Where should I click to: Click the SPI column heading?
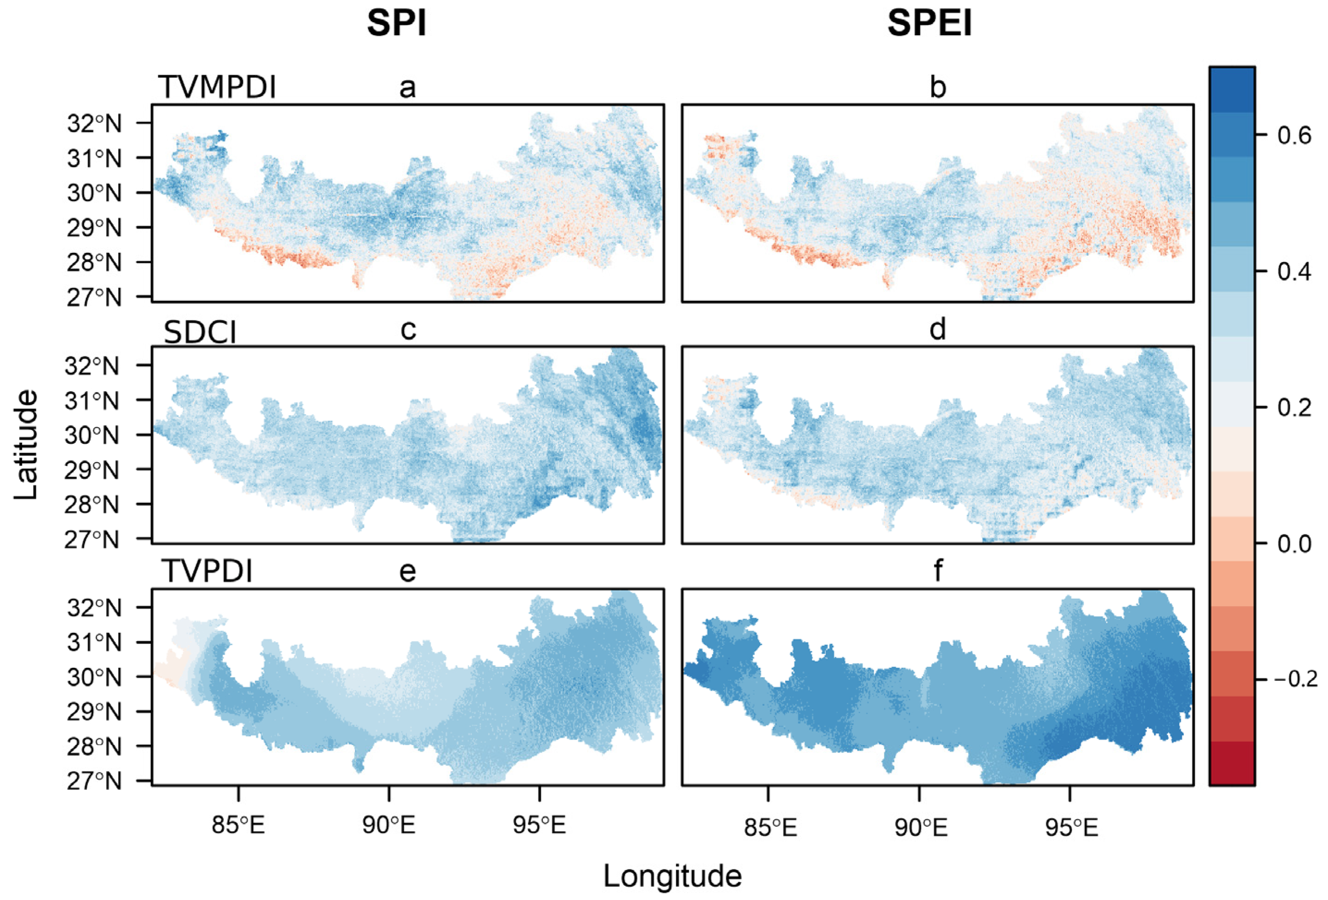point(396,24)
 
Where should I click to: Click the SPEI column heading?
point(929,24)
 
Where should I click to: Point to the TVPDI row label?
point(207,570)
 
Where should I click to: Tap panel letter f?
point(938,570)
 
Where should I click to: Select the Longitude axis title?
point(673,876)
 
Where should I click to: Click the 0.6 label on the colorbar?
point(1294,135)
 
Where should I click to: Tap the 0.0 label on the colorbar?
point(1294,543)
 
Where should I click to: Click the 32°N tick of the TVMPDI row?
point(94,123)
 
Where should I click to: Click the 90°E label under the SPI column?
point(389,825)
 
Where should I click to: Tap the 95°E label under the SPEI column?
point(1071,827)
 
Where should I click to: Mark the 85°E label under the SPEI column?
point(770,827)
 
